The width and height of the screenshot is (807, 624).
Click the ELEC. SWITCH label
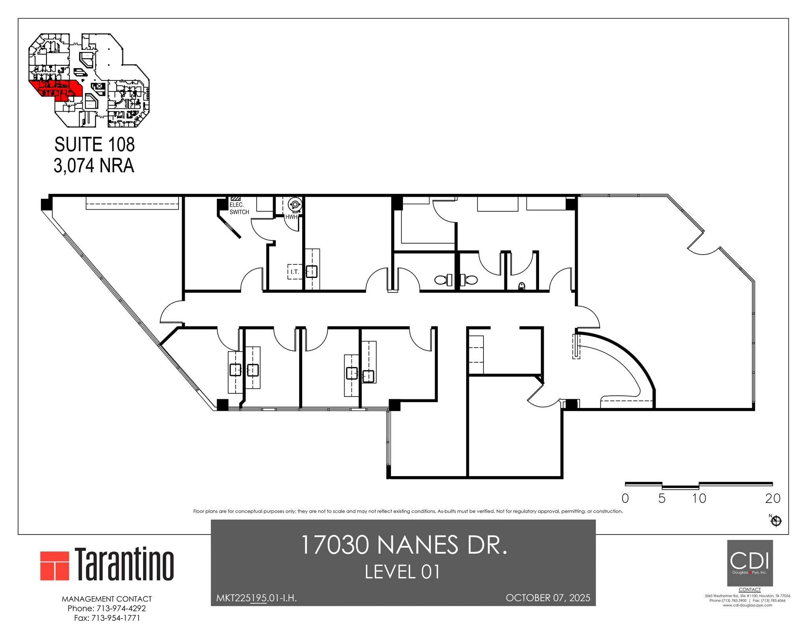[239, 209]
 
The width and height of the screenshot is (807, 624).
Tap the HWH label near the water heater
[291, 217]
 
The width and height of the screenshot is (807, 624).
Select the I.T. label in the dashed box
[295, 272]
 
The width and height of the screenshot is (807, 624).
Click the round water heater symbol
[295, 204]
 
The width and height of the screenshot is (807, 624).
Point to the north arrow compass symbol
[776, 521]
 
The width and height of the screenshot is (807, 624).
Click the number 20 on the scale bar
[772, 499]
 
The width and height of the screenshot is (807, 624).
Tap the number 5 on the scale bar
[662, 499]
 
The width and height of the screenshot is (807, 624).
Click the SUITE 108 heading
[95, 145]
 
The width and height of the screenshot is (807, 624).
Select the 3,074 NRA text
[94, 166]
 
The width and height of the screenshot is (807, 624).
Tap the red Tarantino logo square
[55, 566]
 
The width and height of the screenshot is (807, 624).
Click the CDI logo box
[749, 563]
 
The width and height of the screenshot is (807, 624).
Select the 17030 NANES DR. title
[403, 545]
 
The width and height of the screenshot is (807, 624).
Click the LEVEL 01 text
[402, 572]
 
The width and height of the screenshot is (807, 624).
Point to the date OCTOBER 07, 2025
[548, 598]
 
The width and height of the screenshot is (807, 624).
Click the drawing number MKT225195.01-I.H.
[257, 598]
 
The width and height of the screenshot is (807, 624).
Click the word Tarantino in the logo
[125, 564]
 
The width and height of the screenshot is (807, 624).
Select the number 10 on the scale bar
[699, 499]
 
